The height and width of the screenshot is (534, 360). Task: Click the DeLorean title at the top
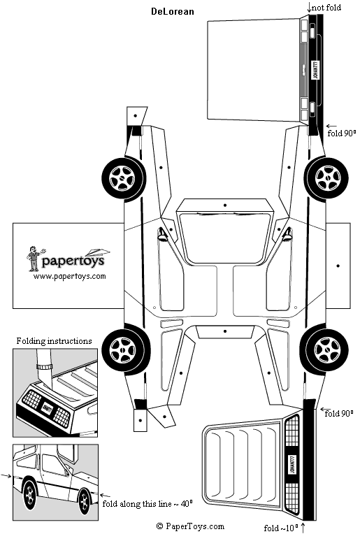point(173,11)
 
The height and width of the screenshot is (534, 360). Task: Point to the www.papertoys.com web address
point(69,276)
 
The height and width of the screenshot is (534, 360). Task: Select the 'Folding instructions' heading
point(54,341)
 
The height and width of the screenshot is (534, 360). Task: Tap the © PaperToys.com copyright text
point(190,526)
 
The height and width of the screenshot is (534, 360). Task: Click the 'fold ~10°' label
point(282,527)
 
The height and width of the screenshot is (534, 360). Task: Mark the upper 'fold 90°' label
point(341,132)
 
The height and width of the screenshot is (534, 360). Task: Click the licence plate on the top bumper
point(314,71)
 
